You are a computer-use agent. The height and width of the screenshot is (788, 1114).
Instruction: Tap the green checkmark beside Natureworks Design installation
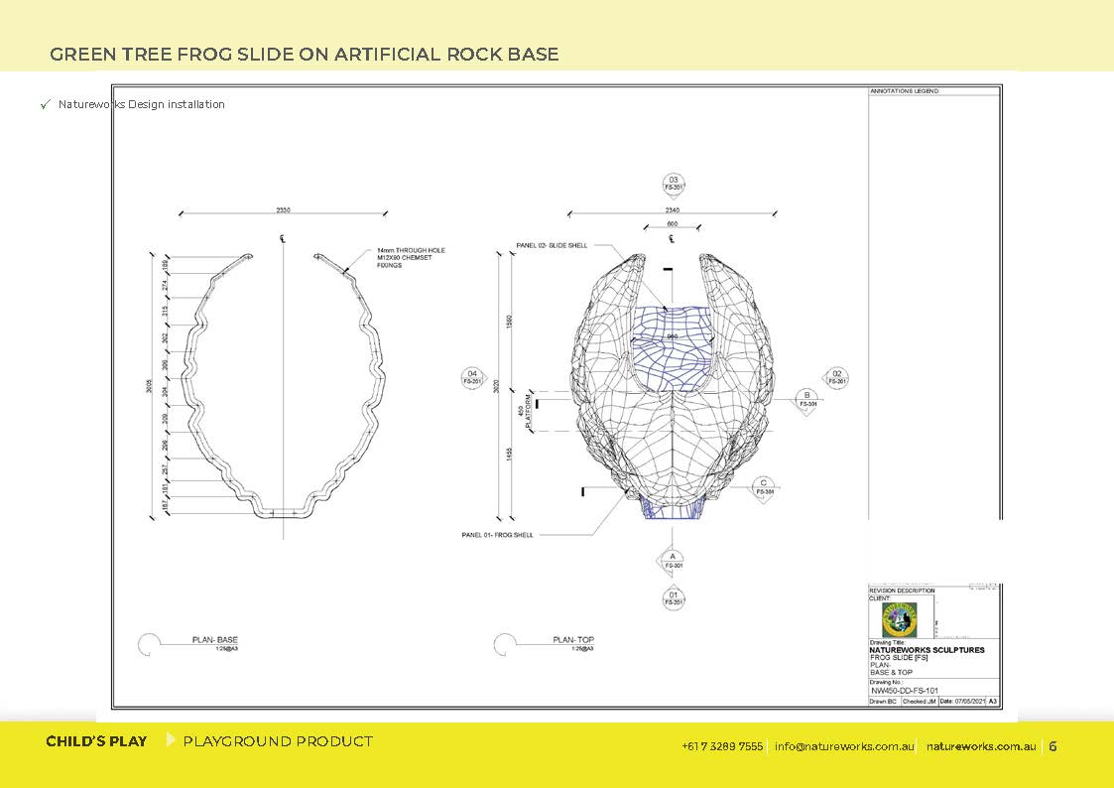click(45, 104)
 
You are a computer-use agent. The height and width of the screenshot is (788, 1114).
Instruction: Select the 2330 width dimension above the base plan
click(283, 210)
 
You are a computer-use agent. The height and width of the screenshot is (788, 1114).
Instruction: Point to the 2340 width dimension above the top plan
click(672, 210)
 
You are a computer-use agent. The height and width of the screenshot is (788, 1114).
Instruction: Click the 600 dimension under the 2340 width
click(672, 224)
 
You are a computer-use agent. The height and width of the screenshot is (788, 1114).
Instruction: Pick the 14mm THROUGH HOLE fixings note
click(411, 258)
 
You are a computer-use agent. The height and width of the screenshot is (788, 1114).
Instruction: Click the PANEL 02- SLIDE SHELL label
click(552, 244)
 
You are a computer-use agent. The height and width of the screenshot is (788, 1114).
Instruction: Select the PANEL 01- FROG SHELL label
click(497, 535)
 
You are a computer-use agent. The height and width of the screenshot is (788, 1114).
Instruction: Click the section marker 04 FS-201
click(472, 377)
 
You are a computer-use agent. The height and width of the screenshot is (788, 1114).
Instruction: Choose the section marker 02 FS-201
click(836, 377)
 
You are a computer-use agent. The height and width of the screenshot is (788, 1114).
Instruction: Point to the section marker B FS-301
click(808, 400)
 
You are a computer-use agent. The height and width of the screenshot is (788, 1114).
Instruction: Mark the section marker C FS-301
click(765, 487)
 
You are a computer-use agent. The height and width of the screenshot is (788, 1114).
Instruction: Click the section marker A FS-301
click(673, 561)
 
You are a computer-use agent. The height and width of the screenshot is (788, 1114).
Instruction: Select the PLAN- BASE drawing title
click(214, 640)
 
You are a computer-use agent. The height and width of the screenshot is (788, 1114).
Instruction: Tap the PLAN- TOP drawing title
click(572, 640)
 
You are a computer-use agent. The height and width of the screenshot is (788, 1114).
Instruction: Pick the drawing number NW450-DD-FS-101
click(904, 690)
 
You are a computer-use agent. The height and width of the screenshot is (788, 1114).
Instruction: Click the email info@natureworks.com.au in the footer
click(844, 746)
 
